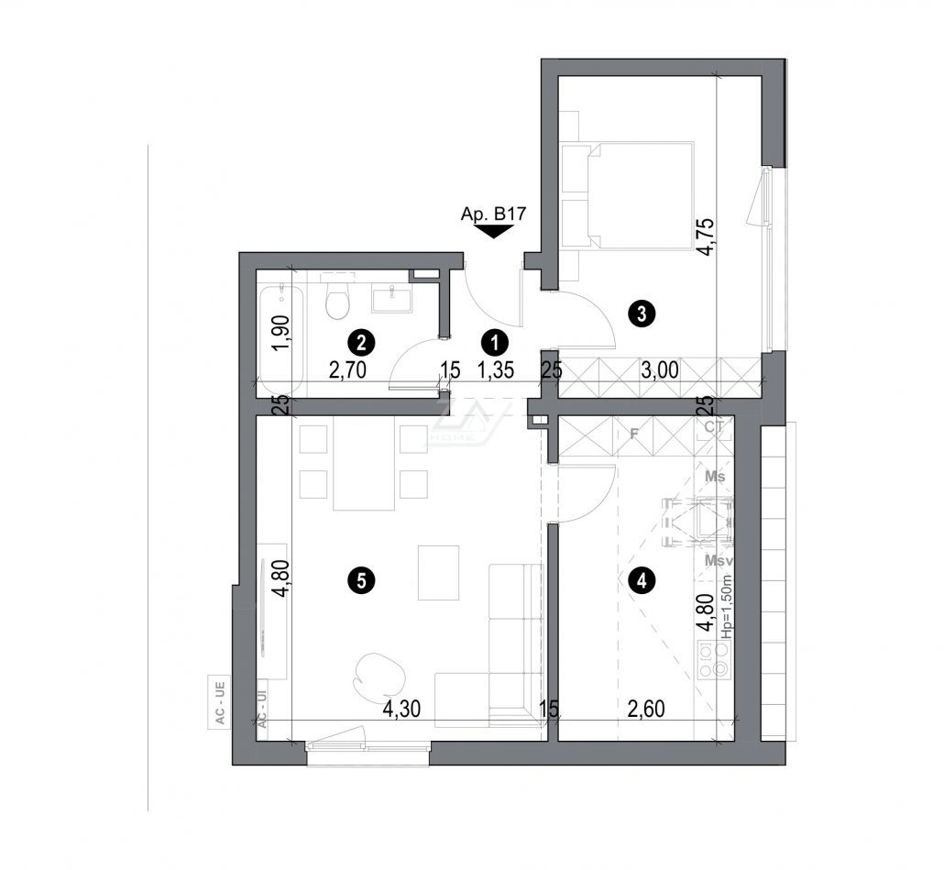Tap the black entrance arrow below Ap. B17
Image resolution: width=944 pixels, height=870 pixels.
[495, 232]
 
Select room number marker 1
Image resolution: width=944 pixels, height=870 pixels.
[495, 343]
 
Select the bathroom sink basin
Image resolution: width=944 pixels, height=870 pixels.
[392, 296]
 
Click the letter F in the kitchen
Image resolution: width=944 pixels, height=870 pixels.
[632, 434]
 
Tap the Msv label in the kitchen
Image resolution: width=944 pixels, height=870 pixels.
[717, 560]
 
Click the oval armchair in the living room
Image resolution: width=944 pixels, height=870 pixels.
[378, 672]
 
